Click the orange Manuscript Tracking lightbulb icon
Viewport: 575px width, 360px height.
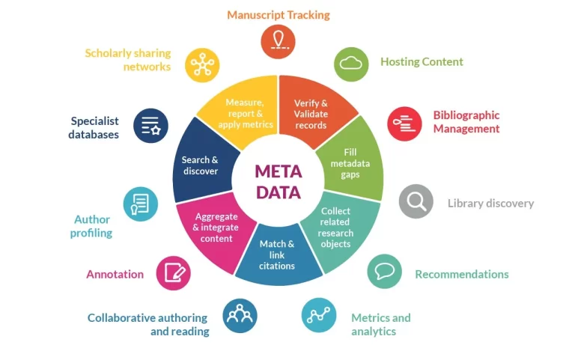coord(278,40)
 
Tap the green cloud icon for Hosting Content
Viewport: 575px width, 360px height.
coord(351,64)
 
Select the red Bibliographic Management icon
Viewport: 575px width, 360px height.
coord(404,123)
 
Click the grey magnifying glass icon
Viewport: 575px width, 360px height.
coord(416,201)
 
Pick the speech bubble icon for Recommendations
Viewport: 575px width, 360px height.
coord(384,271)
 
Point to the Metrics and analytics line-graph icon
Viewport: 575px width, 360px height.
coord(319,315)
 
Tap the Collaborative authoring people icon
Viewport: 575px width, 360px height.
coord(240,315)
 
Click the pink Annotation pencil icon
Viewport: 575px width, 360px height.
coord(173,272)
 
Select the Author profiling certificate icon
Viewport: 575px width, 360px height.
coord(141,204)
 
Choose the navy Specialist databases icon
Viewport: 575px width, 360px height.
coord(150,125)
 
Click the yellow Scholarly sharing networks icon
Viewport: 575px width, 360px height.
coord(202,64)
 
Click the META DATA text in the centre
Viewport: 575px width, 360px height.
coord(278,182)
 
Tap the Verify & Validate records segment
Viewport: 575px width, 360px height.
coord(311,115)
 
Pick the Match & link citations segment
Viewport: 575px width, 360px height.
coord(277,254)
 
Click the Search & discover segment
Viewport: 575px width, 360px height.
coord(201,165)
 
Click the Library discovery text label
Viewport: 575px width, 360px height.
coord(490,203)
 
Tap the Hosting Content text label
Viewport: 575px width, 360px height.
coord(422,62)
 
